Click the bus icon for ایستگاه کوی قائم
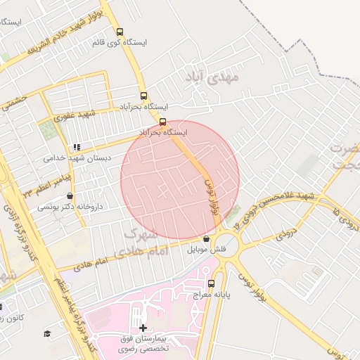click(x=120, y=32)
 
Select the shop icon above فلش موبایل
click(x=205, y=239)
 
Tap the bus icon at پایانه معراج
click(x=212, y=283)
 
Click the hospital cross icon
click(x=143, y=328)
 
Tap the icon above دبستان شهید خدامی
click(x=77, y=147)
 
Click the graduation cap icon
click(x=47, y=333)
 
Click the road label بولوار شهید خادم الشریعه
click(x=67, y=32)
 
